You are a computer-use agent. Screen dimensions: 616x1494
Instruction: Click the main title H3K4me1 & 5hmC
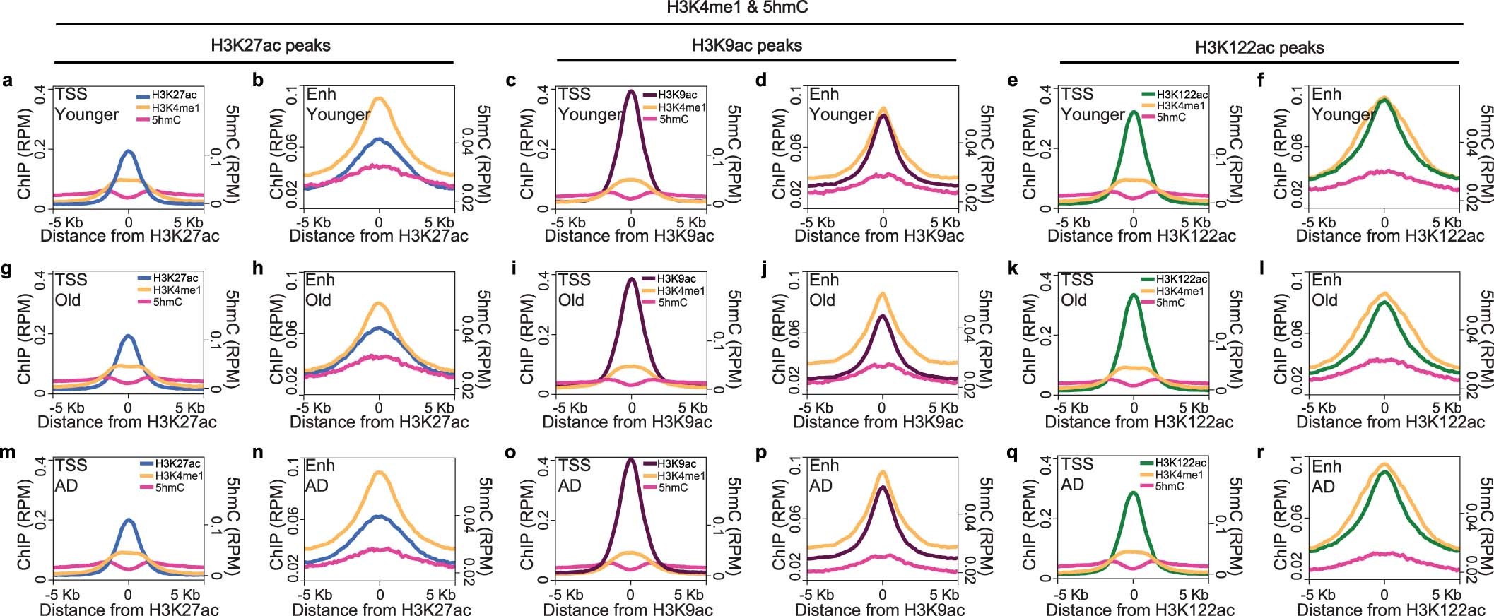pyautogui.click(x=737, y=8)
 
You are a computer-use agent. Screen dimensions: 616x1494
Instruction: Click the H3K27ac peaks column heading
pyautogui.click(x=270, y=46)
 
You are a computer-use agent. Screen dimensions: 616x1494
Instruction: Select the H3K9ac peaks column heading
pyautogui.click(x=747, y=46)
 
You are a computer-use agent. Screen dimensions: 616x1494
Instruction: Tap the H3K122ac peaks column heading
pyautogui.click(x=1259, y=48)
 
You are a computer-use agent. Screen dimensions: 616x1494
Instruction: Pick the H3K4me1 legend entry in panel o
pyautogui.click(x=681, y=476)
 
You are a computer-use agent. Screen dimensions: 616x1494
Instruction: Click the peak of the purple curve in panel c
pyautogui.click(x=631, y=91)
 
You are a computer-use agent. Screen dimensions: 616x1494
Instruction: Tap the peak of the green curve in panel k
pyautogui.click(x=1134, y=295)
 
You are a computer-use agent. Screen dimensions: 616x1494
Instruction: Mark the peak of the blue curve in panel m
pyautogui.click(x=129, y=521)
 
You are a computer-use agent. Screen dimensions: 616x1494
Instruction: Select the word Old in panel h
pyautogui.click(x=318, y=300)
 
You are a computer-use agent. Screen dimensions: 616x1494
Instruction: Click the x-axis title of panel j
pyautogui.click(x=878, y=422)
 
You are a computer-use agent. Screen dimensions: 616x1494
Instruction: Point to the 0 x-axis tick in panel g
pyautogui.click(x=128, y=408)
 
